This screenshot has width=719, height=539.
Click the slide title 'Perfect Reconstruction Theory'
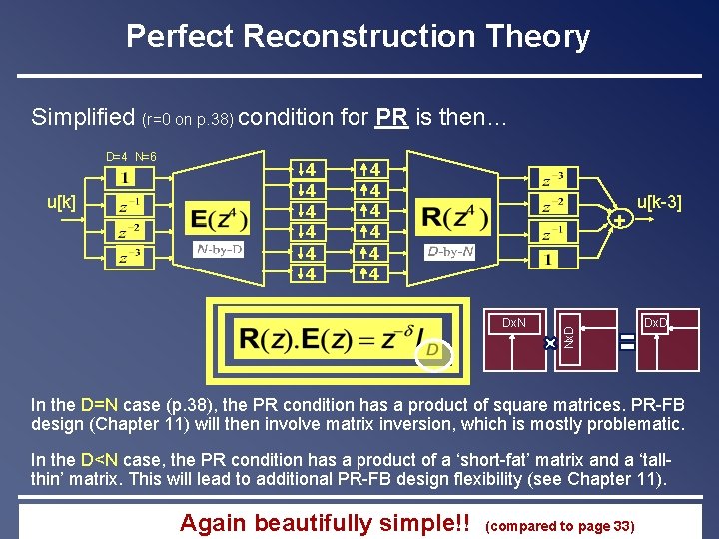[359, 37]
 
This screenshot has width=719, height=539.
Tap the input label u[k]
[62, 202]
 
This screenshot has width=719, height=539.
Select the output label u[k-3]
[659, 203]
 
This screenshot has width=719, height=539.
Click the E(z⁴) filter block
[218, 218]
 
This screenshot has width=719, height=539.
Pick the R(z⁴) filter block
[454, 216]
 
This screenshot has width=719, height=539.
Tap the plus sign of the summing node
[619, 219]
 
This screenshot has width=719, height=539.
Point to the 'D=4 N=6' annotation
[131, 157]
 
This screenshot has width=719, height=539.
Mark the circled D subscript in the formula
[433, 350]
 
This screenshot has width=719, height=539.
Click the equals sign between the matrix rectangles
[627, 342]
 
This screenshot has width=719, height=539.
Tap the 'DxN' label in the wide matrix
[514, 323]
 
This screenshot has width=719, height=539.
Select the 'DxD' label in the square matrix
[655, 323]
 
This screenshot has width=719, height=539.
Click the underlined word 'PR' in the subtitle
[391, 118]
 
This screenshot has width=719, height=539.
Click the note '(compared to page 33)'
[559, 525]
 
